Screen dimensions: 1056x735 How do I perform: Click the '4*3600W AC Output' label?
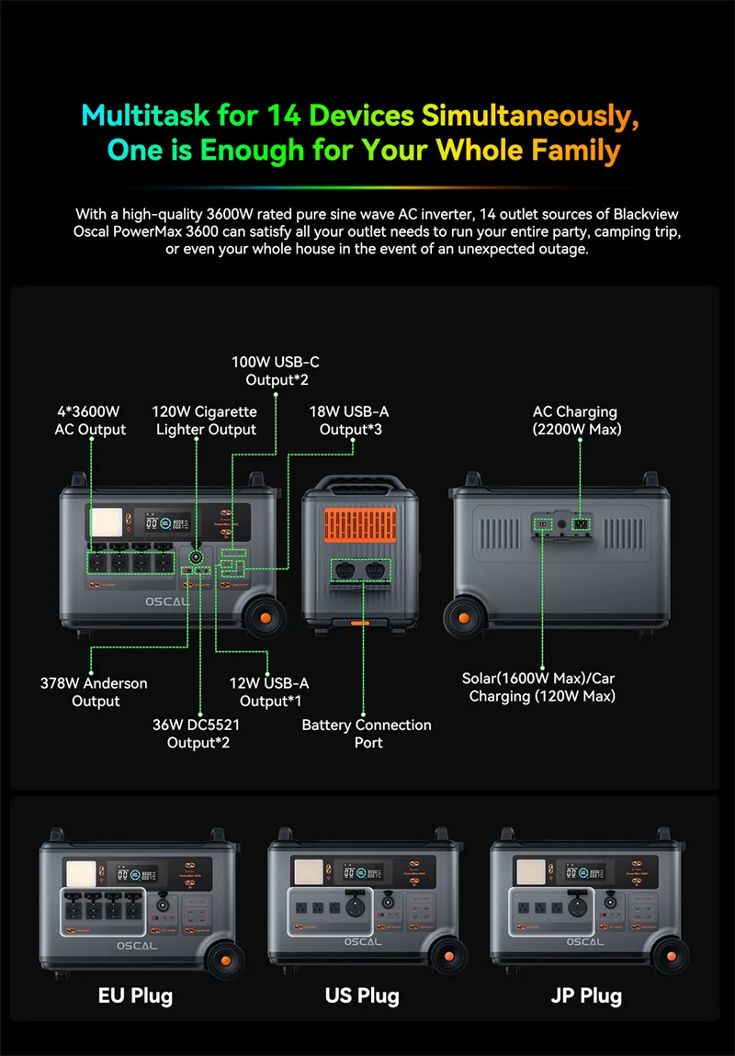point(90,421)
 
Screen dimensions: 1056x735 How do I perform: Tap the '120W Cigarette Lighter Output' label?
point(205,421)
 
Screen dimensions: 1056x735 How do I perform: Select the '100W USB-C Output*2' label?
point(276,371)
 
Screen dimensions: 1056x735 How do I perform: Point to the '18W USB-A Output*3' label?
point(348,421)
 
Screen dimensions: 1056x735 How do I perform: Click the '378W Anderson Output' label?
point(94,691)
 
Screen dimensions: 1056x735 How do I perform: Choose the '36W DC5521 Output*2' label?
point(198,733)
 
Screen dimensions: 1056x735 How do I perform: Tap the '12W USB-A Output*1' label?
point(268,691)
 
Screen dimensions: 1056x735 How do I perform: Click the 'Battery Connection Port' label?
point(367,733)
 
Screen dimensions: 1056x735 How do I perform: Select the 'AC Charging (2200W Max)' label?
point(574,421)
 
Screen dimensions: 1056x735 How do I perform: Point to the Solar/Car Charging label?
point(538,687)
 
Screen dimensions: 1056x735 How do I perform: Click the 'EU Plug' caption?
point(135,995)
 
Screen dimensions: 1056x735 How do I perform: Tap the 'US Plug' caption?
point(362,995)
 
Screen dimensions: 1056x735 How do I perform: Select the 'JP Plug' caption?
point(586,995)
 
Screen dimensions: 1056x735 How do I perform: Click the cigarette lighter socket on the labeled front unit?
point(196,556)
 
